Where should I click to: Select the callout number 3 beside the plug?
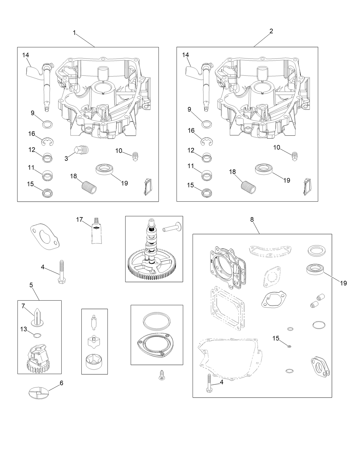(66, 159)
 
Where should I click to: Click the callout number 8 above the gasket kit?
(252, 219)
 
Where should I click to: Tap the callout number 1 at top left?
(74, 33)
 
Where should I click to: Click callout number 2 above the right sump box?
(271, 31)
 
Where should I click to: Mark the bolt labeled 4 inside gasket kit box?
(208, 384)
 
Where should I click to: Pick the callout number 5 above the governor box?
(31, 285)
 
